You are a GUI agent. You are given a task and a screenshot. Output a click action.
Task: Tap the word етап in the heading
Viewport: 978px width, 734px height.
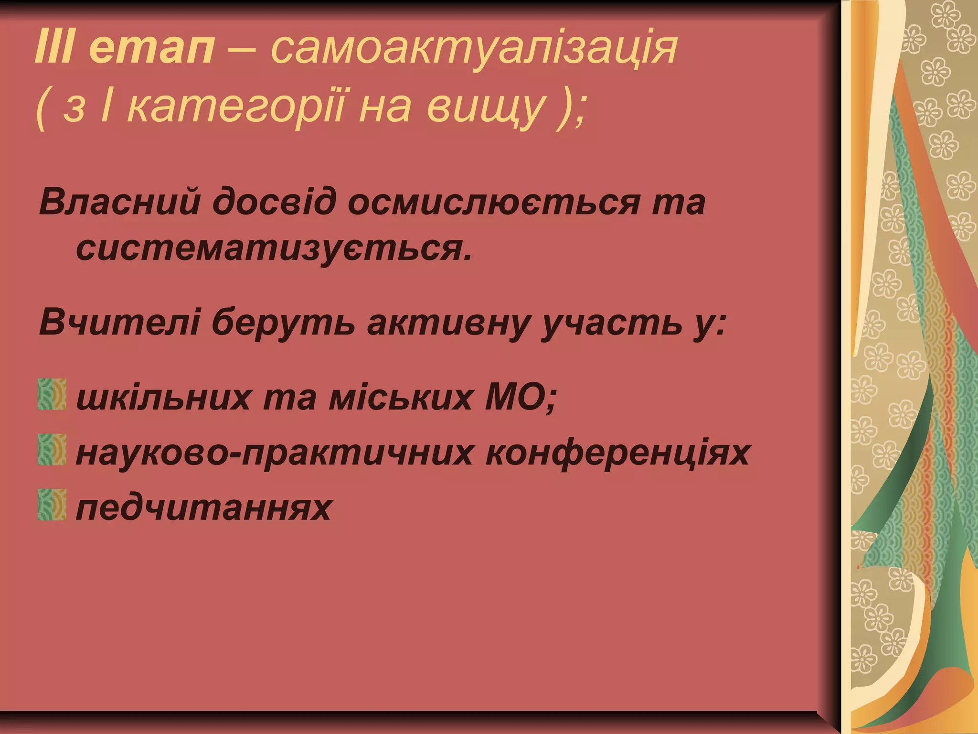point(152,50)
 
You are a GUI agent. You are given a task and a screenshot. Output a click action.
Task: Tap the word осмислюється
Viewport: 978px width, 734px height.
point(496,202)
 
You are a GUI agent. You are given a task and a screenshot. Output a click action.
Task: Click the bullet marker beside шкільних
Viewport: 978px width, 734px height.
point(52,395)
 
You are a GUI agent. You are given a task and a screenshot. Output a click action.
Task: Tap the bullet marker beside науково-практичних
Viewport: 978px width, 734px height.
point(52,450)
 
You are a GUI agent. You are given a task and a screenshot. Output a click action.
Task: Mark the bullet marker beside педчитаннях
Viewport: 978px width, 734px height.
point(52,505)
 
